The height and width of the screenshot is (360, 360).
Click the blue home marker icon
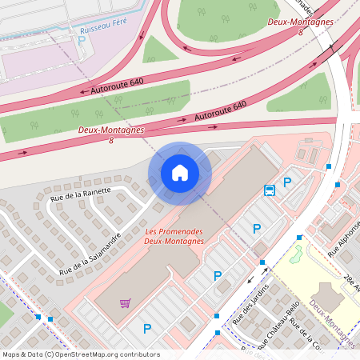(x=179, y=172)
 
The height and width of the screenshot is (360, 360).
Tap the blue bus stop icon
(x=270, y=190)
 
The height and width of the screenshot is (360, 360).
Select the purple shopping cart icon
(x=125, y=302)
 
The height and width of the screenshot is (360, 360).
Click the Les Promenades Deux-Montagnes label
(x=174, y=237)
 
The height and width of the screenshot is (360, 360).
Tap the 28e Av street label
(x=350, y=282)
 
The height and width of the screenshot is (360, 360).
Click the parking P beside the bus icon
(x=286, y=183)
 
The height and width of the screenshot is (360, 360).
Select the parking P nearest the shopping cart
(x=146, y=328)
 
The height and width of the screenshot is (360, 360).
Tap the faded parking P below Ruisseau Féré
(x=81, y=40)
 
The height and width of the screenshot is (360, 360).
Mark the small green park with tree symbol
(x=295, y=255)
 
